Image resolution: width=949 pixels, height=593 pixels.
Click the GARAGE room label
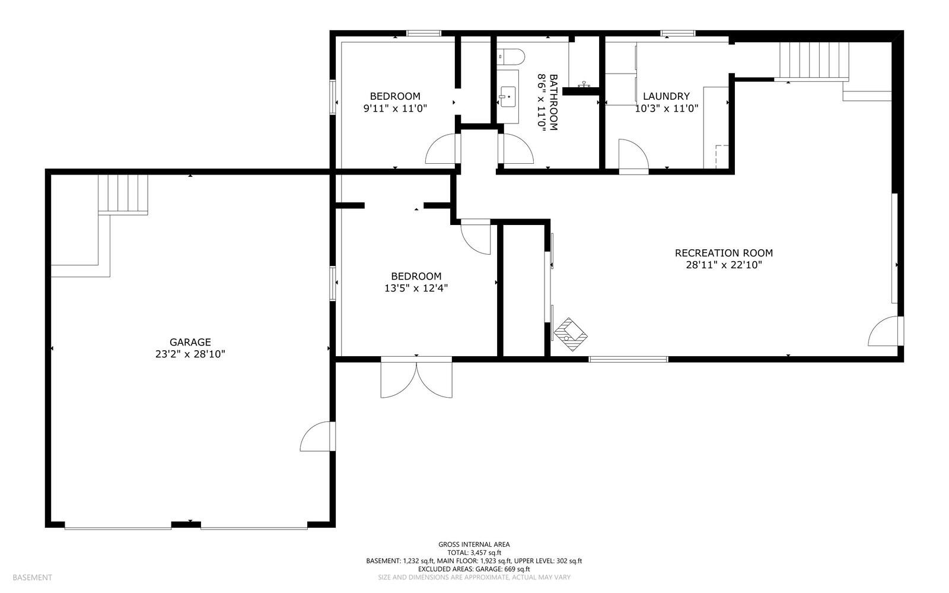click(190, 342)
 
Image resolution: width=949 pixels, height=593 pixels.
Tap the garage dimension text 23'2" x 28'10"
click(190, 354)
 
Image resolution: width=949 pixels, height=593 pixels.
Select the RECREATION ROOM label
click(724, 253)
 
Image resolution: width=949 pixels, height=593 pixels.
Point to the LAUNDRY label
click(666, 96)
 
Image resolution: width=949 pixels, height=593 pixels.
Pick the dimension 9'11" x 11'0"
click(395, 109)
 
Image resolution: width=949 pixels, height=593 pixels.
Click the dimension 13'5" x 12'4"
click(416, 288)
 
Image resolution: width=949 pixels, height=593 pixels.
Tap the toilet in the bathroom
click(511, 57)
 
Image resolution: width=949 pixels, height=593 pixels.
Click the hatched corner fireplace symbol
click(571, 333)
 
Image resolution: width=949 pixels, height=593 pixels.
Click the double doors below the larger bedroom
click(416, 378)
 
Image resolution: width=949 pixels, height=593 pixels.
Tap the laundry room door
click(633, 156)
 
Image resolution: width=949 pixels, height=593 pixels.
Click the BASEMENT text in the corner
click(32, 577)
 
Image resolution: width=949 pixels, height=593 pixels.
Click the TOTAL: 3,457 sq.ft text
click(474, 552)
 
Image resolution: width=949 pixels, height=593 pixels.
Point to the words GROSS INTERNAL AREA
click(474, 544)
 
